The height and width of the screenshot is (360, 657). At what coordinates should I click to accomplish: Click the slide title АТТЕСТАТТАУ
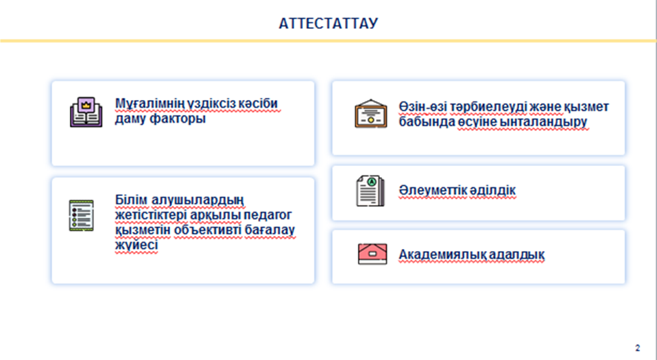pyautogui.click(x=328, y=23)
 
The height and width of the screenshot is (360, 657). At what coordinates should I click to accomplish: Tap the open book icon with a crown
pyautogui.click(x=86, y=112)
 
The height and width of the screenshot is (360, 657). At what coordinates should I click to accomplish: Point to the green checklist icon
pyautogui.click(x=82, y=215)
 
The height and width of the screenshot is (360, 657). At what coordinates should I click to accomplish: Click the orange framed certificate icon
pyautogui.click(x=371, y=114)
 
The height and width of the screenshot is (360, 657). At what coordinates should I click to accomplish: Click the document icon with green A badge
pyautogui.click(x=370, y=191)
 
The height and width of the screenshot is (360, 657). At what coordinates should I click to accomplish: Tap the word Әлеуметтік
pyautogui.click(x=432, y=190)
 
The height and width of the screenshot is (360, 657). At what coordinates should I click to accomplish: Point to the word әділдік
pyautogui.click(x=492, y=190)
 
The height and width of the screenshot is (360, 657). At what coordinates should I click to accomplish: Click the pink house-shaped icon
pyautogui.click(x=372, y=254)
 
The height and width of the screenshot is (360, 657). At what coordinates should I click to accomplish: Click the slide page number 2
pyautogui.click(x=638, y=348)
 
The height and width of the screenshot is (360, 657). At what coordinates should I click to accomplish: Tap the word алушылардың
pyautogui.click(x=198, y=200)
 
